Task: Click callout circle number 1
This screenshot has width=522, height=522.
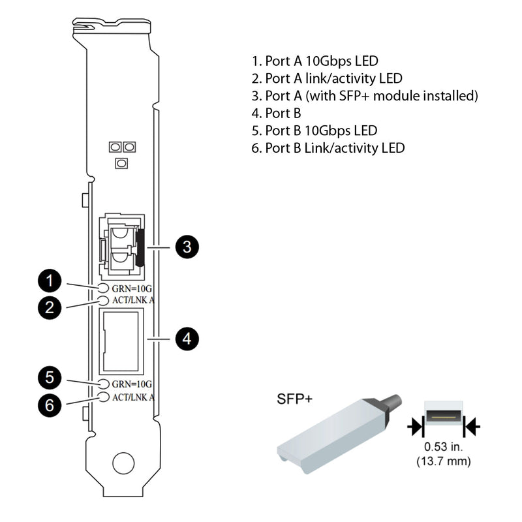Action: pos(50,281)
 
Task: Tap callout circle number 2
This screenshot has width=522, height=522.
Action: pos(50,307)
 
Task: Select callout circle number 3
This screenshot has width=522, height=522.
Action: pos(186,247)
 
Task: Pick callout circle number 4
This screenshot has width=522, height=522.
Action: pos(186,339)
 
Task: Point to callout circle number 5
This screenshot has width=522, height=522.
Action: pos(50,377)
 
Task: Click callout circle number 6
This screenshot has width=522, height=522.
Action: pos(50,405)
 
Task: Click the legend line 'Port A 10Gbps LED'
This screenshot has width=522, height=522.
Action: pos(315,61)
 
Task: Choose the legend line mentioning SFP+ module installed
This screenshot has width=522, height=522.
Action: pos(365,96)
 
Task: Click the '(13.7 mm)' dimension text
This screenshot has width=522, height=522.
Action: pos(444,461)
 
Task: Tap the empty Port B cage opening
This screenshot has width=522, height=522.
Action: pos(120,339)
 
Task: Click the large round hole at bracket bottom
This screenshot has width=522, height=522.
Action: pos(122,463)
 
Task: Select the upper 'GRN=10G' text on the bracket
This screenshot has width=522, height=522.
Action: pos(132,288)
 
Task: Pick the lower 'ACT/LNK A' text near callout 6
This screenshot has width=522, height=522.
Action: pos(133,396)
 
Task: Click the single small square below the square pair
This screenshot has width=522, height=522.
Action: pos(121,163)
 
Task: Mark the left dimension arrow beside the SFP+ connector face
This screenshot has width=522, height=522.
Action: pos(414,427)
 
